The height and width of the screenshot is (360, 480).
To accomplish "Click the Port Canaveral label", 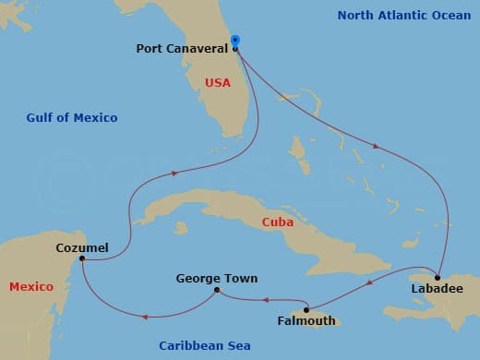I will [x=181, y=49].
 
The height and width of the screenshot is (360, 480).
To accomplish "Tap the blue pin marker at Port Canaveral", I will [x=235, y=41].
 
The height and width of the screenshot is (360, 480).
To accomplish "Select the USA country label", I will [x=218, y=83].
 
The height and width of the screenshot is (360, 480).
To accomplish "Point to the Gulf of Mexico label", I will [x=72, y=117].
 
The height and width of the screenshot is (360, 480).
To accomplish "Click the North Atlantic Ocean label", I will [x=403, y=16].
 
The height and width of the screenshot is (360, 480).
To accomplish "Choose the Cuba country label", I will [x=278, y=222].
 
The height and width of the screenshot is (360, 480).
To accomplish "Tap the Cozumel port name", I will [x=82, y=247].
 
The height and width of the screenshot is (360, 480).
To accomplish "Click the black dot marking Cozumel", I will [x=83, y=259].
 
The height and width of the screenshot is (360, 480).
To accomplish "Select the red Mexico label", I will [x=31, y=287].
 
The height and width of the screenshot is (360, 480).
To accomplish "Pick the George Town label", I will [x=217, y=278].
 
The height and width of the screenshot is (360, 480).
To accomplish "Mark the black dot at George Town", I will [x=217, y=290].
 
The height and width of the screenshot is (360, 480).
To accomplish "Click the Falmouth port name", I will [x=306, y=321].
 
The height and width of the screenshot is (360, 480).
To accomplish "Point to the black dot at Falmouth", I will [x=306, y=309].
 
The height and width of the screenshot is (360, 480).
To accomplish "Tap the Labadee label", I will [x=437, y=289].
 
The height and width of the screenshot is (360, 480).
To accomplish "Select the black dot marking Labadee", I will [x=438, y=277].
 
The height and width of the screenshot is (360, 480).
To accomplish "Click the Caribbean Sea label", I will [x=205, y=345].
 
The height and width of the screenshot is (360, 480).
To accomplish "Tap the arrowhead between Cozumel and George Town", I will [x=144, y=317].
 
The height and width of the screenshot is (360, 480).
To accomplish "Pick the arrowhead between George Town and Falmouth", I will [x=265, y=298].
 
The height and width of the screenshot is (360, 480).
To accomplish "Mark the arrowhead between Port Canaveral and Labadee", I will [x=375, y=146].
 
